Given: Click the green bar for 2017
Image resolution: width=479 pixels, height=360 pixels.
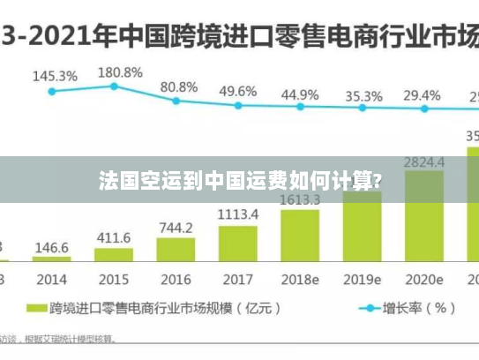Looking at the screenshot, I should tap(237, 244).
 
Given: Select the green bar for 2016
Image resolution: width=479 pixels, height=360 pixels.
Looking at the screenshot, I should tap(176, 250).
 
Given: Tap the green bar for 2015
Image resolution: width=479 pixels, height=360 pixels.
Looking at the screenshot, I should tap(114, 255).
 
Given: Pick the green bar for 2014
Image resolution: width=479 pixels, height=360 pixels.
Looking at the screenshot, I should tap(52, 259).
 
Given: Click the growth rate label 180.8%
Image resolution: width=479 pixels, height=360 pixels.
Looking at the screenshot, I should tap(120, 71).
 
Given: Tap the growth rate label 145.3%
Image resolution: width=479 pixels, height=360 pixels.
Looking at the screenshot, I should tap(55, 77).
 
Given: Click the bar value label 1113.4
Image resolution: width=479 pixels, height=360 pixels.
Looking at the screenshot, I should tap(238, 214).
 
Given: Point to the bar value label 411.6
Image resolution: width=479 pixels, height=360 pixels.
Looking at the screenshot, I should tap(114, 237).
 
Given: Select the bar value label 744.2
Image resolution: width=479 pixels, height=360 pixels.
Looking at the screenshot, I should tap(176, 227).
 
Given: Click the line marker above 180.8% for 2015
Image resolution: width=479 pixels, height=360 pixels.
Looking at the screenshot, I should tap(114, 86).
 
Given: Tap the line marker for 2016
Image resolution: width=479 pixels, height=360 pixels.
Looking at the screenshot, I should tap(176, 101).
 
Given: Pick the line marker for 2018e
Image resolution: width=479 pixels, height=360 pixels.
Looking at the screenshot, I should tap(300, 107).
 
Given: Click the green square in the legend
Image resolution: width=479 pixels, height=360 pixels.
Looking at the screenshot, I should tap(35, 309).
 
